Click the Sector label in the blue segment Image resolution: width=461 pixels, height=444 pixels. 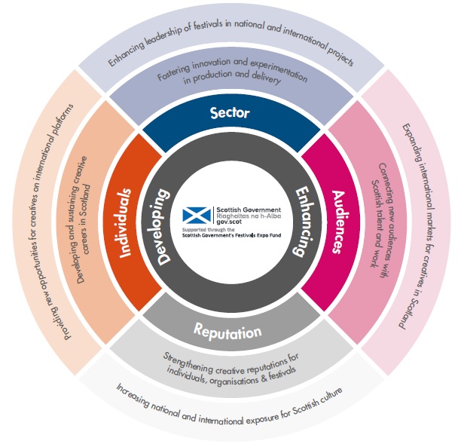tap(230, 114)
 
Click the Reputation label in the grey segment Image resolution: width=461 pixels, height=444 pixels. tap(227, 332)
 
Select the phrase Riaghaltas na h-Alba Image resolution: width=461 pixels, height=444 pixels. tap(248, 216)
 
